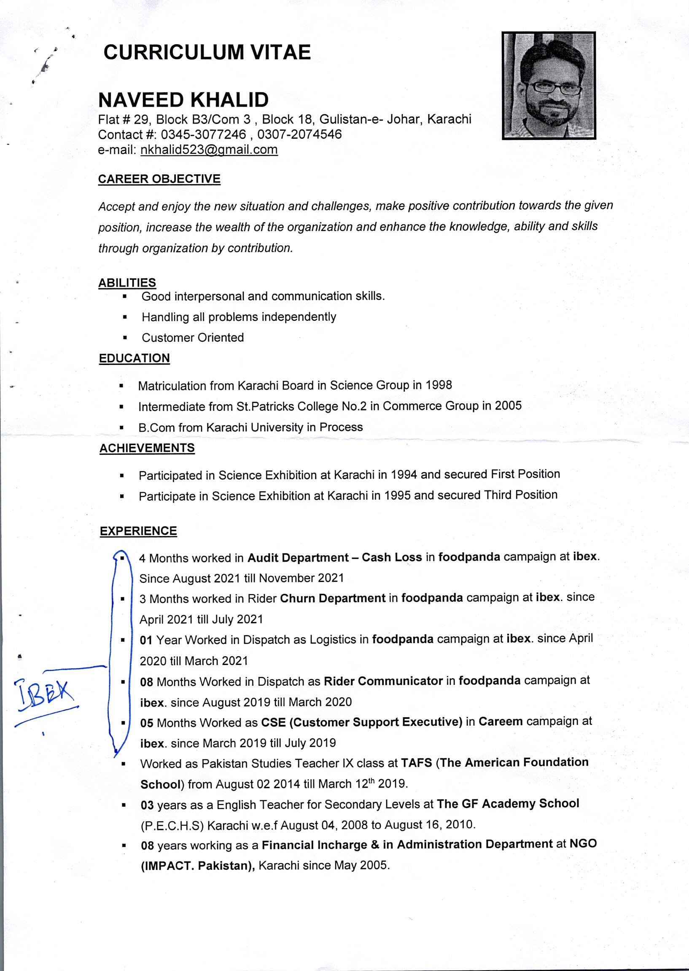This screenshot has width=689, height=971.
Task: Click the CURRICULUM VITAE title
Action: tap(207, 53)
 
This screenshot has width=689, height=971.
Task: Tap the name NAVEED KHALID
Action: tap(183, 100)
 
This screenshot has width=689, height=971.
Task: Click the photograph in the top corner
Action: tap(549, 86)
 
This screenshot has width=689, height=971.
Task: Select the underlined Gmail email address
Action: tap(209, 150)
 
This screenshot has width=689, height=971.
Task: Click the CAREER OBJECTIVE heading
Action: tap(159, 179)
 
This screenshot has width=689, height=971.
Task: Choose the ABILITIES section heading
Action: tap(127, 282)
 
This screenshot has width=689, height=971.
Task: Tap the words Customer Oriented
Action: tap(193, 338)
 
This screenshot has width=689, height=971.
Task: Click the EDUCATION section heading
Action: tap(134, 358)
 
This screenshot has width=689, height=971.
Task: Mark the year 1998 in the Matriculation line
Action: tap(439, 385)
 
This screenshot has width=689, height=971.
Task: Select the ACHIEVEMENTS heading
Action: tap(147, 448)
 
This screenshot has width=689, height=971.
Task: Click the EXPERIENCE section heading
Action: tap(138, 531)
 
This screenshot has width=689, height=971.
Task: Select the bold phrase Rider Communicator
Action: tap(383, 681)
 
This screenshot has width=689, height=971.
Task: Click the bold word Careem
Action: tap(500, 722)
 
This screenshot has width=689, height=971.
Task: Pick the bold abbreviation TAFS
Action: tap(416, 763)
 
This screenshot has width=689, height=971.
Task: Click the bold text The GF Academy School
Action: tap(508, 804)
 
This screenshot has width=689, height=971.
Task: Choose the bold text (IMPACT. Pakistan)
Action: tap(198, 865)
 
